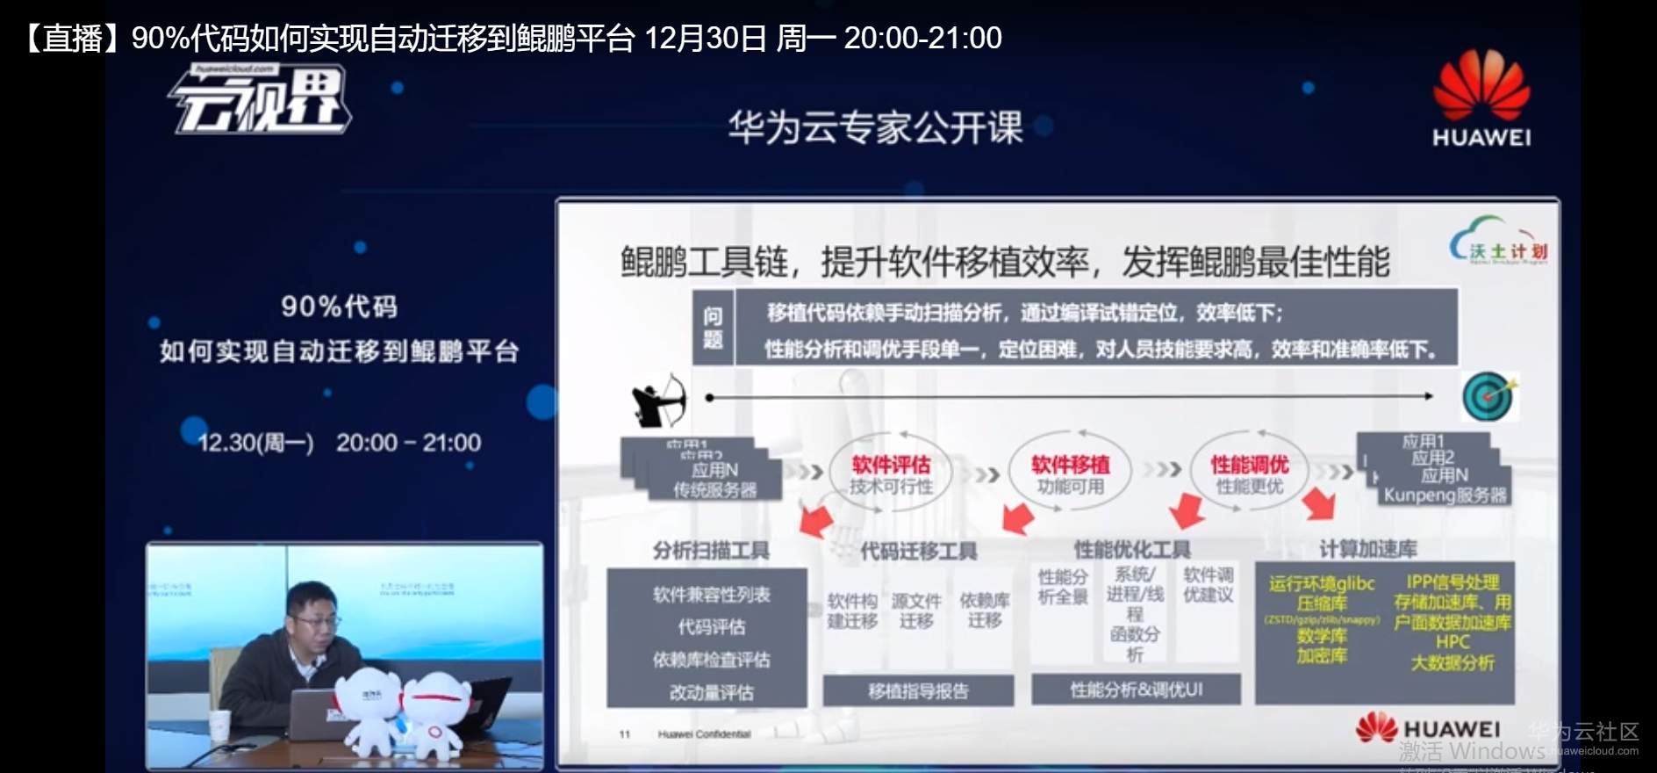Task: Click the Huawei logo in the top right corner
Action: [1481, 98]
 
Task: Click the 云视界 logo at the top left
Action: [262, 100]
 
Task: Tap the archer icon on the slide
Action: [658, 400]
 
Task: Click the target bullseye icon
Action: [1488, 396]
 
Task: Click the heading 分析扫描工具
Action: [711, 551]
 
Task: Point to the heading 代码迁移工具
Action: [918, 551]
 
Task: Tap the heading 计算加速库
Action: [1367, 549]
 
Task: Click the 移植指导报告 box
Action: [918, 691]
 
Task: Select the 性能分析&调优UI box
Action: [1136, 690]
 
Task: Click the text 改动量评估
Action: [711, 692]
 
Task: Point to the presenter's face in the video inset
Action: [313, 617]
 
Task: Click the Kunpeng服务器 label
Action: [1445, 495]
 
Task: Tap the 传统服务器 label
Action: [714, 489]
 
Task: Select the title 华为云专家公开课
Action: [875, 128]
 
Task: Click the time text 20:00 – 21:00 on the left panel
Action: [408, 443]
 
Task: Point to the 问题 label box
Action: [713, 327]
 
